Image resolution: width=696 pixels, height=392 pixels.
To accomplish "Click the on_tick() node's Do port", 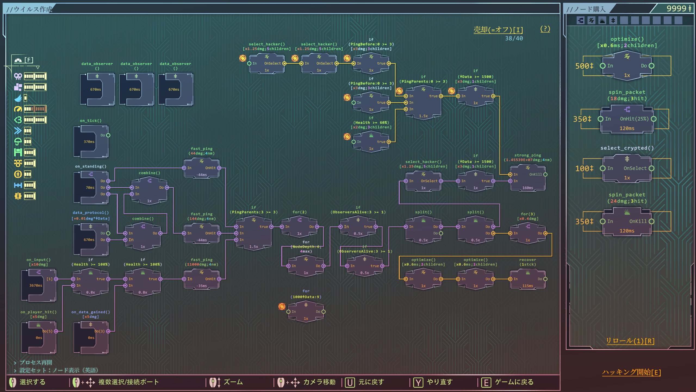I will click(x=108, y=135).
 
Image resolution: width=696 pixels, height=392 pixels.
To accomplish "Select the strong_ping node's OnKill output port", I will click(x=545, y=174).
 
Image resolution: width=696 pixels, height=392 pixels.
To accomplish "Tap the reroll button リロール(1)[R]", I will click(x=630, y=341).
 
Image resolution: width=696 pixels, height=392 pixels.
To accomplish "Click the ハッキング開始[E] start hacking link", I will click(x=631, y=372).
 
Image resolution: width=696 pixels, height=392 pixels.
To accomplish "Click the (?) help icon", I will click(x=545, y=29).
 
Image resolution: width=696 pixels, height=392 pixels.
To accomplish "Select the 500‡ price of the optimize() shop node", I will click(x=584, y=66).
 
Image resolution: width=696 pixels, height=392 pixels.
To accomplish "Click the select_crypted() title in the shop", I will click(x=627, y=148).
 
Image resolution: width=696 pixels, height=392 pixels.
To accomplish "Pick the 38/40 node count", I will click(x=514, y=38).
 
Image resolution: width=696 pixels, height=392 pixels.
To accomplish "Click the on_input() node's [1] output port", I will click(x=56, y=279).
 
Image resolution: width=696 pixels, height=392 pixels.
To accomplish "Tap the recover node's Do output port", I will click(x=545, y=279).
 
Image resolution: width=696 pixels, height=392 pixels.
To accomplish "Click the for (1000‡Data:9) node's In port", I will click(x=288, y=312).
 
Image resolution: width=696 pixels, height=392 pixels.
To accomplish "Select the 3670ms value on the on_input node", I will click(x=36, y=286).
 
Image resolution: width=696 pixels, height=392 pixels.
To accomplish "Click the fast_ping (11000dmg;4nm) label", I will click(x=201, y=262).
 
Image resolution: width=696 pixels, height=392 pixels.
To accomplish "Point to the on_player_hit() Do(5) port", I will click(x=56, y=331).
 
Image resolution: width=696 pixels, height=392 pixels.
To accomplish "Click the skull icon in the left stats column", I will click(x=18, y=76).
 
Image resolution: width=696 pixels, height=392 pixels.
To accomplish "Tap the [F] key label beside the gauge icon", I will click(x=29, y=60).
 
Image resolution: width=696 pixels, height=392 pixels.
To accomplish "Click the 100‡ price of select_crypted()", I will click(x=584, y=169).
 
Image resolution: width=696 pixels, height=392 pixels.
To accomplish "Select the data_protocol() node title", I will click(x=91, y=213).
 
